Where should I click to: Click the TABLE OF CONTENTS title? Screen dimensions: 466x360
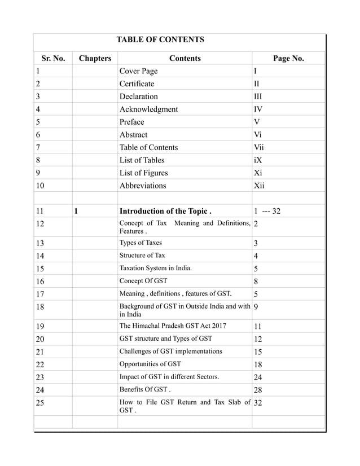[160, 40]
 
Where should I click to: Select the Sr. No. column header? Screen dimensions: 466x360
[53, 58]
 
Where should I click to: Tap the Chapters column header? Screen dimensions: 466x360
[95, 58]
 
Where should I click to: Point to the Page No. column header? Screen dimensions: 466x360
[288, 58]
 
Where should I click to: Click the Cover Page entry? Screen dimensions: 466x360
[138, 71]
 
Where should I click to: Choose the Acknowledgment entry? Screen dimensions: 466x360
[148, 109]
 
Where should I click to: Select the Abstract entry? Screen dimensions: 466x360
[133, 135]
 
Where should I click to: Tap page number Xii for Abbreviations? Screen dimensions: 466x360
[260, 186]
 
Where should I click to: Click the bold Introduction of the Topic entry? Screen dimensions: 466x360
[165, 212]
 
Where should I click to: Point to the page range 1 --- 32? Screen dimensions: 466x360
[267, 212]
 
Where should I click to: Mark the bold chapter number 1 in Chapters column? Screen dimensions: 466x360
[76, 212]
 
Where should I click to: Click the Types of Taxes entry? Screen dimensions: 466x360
[141, 243]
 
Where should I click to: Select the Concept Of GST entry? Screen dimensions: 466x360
[143, 280]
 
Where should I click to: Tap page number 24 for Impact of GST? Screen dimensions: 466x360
[258, 377]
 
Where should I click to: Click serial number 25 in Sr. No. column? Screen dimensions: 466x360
[39, 403]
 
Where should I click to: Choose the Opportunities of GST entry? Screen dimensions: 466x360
[151, 364]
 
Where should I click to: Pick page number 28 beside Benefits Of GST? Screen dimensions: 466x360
[258, 390]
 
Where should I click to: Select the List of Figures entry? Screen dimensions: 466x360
[143, 173]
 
